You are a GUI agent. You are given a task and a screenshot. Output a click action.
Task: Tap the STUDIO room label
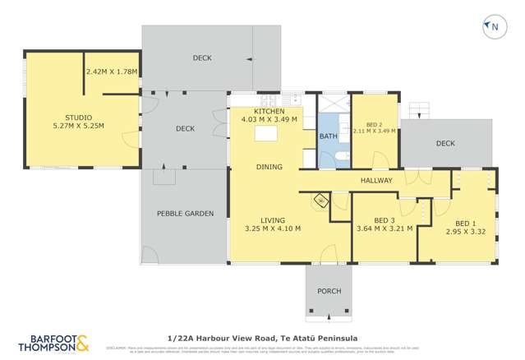click(78, 118)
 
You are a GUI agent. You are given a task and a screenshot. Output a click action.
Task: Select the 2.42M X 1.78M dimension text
click(111, 72)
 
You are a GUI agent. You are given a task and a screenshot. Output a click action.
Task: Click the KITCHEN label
click(269, 111)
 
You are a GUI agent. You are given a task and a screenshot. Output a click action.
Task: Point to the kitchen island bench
click(268, 134)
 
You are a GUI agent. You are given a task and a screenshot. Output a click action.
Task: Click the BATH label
click(328, 136)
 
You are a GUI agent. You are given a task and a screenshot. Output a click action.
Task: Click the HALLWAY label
click(376, 180)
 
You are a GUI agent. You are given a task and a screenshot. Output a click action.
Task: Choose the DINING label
click(269, 167)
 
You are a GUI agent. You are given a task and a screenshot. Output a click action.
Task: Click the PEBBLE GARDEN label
click(185, 213)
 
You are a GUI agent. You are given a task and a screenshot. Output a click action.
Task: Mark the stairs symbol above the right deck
click(419, 109)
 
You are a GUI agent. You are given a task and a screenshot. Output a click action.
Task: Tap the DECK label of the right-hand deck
click(445, 144)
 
